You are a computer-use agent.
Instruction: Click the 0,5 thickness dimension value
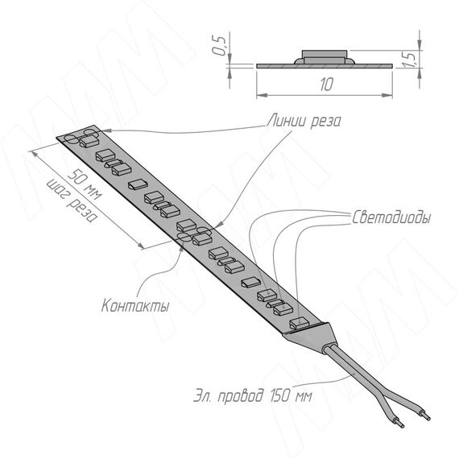(219, 45)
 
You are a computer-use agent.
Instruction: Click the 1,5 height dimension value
(410, 60)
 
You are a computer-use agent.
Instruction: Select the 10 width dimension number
(327, 85)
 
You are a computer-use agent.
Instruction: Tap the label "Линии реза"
(304, 121)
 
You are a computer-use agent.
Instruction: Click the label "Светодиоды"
(391, 217)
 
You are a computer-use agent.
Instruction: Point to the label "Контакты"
(135, 305)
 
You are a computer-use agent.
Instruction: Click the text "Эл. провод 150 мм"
(253, 396)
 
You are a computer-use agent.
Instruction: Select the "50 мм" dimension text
(85, 184)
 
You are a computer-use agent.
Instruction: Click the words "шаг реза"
(72, 201)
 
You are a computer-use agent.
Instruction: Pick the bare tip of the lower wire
(401, 424)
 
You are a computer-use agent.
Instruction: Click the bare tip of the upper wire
(426, 416)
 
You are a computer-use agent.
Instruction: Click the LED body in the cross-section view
(325, 57)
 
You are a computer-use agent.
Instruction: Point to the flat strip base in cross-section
(325, 66)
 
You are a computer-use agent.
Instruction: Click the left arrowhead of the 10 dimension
(262, 95)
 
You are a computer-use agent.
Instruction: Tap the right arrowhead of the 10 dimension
(387, 95)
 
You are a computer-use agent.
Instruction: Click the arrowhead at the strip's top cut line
(107, 130)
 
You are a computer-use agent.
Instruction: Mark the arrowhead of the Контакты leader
(181, 249)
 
